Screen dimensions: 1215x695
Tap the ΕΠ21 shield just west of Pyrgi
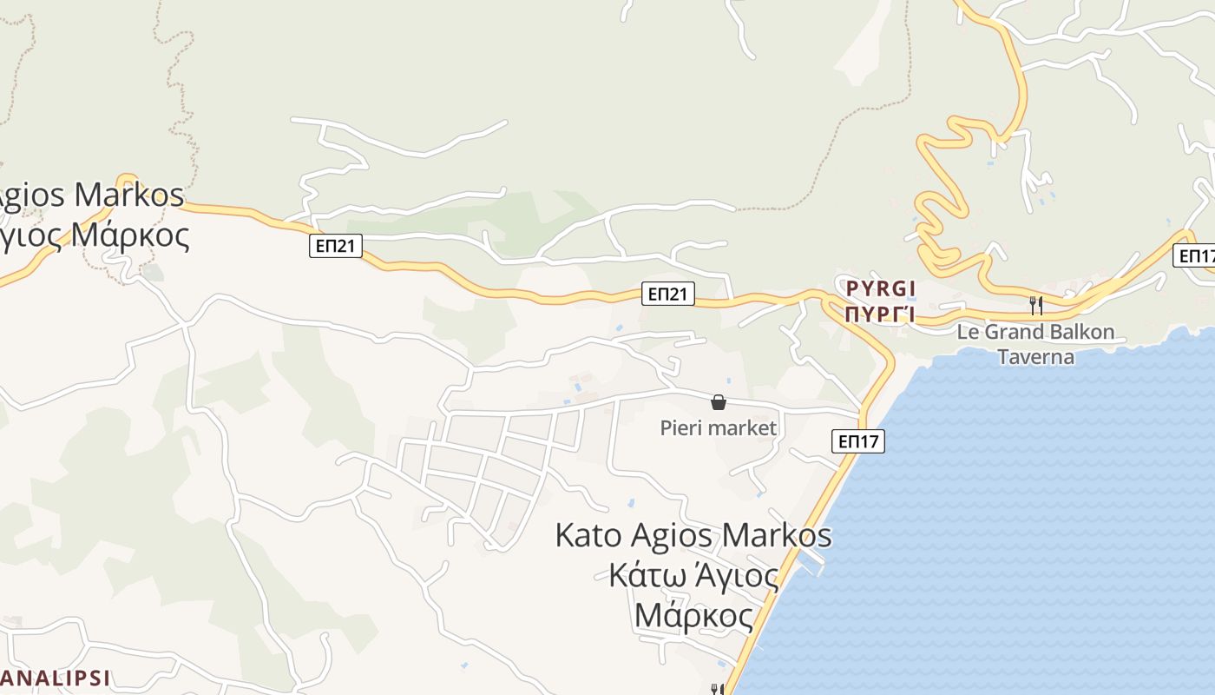(x=669, y=294)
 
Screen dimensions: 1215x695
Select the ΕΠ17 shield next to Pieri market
(x=859, y=441)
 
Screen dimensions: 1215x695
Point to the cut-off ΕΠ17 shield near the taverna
(x=1196, y=255)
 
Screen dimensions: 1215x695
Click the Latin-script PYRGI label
(x=881, y=288)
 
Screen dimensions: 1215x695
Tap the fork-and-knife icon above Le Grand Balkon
(x=1035, y=305)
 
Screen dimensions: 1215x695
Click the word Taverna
(x=1035, y=357)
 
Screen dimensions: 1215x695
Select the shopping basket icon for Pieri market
(x=719, y=402)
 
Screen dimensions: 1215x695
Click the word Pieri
(x=682, y=428)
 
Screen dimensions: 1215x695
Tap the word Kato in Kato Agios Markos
(x=588, y=535)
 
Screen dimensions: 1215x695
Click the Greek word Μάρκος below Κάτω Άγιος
(x=693, y=615)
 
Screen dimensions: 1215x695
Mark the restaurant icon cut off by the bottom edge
(x=717, y=689)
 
